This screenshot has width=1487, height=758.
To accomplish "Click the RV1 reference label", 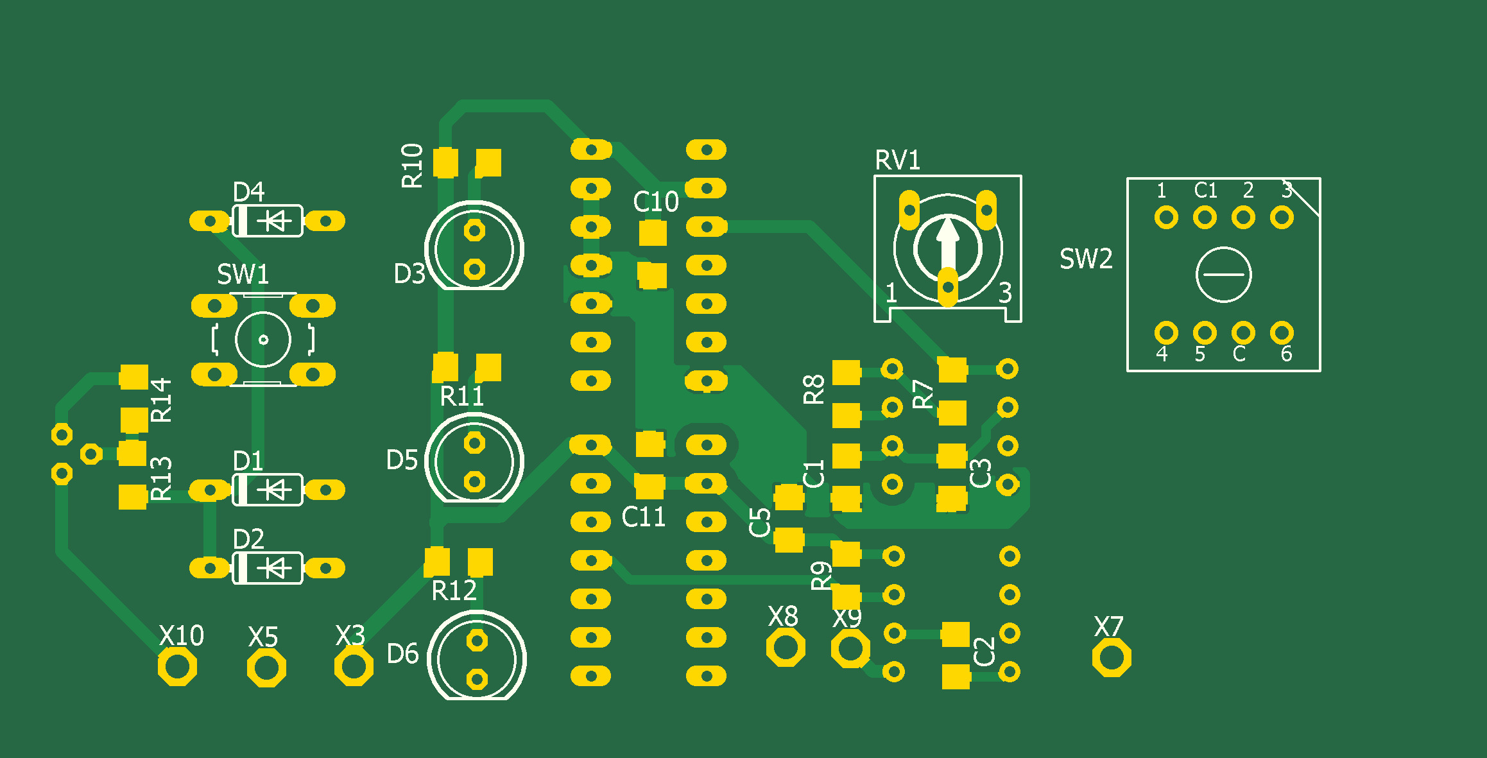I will pos(897,160).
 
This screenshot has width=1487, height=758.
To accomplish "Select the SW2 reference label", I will pos(1086,259).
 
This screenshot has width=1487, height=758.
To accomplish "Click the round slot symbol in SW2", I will pos(1223,275).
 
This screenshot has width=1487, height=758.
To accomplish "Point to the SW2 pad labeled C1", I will pos(1205,218).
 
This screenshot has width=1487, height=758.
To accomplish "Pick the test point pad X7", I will pos(1112,658).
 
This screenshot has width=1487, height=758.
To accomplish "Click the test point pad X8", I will pos(786,648).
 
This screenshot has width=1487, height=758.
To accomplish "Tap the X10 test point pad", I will pos(177,667).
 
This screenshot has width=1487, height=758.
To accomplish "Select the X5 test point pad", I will pos(266,668).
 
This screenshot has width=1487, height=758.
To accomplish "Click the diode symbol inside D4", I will pos(276,221).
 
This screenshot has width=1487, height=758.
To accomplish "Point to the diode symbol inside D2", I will pos(276,568).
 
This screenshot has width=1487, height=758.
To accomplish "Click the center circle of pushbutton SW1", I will pos(263,340).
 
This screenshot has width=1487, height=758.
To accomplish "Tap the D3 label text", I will pos(409,274).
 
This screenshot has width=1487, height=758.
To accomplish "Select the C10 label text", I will pos(655,202).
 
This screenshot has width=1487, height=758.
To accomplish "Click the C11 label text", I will pos(643,517).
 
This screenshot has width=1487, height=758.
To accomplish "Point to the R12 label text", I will pos(454,591).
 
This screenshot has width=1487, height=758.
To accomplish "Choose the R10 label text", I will pos(412,166).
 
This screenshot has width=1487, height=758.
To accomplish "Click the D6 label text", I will pos(402,654).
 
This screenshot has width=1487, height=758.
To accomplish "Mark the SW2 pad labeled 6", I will pos(1282,333).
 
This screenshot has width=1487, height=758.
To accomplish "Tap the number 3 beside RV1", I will pos(1005,293).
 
